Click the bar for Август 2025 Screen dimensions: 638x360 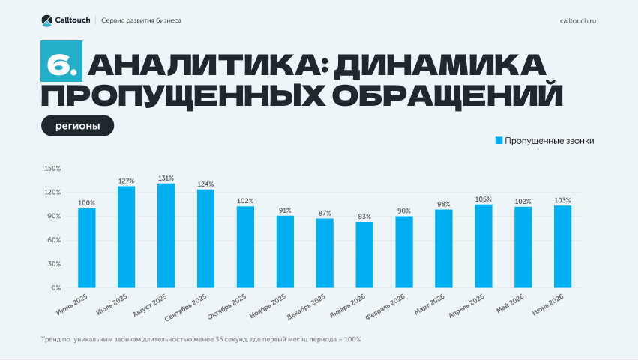[166, 235]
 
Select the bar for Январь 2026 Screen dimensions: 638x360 [364, 254]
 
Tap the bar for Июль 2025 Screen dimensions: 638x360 [126, 237]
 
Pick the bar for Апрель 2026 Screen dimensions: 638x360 [484, 246]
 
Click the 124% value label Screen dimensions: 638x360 [205, 184]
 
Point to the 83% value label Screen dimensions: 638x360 [364, 217]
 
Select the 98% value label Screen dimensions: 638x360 [444, 205]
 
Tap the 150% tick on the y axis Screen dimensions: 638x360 [52, 169]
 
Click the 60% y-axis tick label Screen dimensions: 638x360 [54, 240]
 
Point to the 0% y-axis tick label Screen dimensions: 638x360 [56, 287]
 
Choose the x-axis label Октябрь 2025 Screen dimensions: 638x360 [227, 307]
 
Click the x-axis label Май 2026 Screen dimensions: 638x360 [510, 304]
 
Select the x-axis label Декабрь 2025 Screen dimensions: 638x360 [307, 307]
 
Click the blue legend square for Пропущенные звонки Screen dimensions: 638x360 [499, 140]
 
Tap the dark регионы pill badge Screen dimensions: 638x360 [78, 126]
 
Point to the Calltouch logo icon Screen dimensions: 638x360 [46, 20]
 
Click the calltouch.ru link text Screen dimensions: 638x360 [578, 21]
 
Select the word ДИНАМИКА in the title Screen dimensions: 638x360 [439, 65]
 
